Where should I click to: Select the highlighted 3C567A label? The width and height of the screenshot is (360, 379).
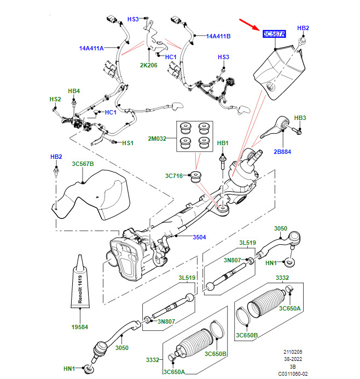(x=274, y=34)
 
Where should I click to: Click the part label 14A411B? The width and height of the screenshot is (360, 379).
(x=218, y=37)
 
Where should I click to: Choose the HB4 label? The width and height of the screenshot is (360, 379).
(x=73, y=91)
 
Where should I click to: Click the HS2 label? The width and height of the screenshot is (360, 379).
(x=55, y=99)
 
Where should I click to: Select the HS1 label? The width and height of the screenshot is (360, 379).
(x=127, y=143)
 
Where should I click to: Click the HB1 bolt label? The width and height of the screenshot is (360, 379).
(x=222, y=143)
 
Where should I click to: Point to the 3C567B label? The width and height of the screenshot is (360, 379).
(x=83, y=164)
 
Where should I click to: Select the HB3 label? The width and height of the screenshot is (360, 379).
(x=300, y=118)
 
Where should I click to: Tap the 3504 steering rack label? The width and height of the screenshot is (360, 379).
(x=199, y=237)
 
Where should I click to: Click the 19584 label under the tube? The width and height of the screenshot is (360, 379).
(x=80, y=328)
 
